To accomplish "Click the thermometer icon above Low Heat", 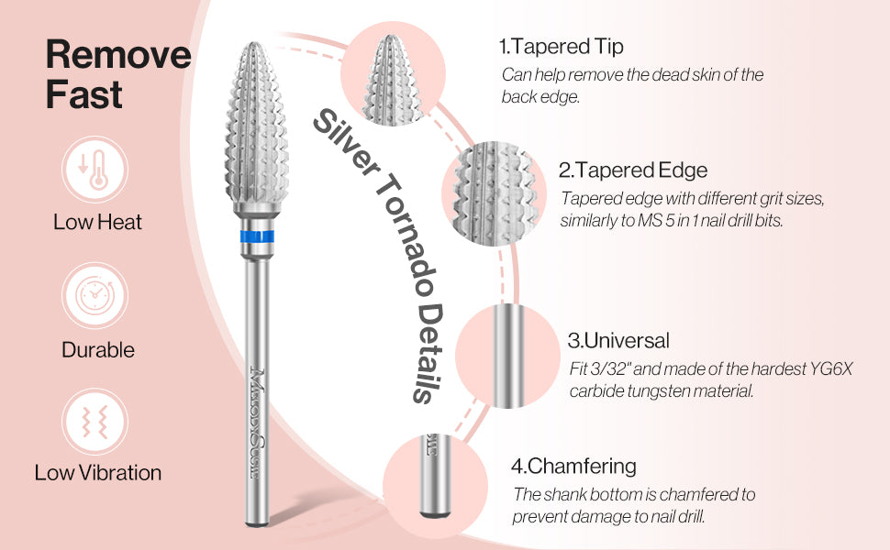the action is pos(95,170).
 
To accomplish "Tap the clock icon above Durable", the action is pos(95,295).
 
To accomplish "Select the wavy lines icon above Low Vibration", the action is pos(95,422).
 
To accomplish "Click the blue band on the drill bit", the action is pos(257,236).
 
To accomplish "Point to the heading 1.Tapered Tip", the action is pos(562,47).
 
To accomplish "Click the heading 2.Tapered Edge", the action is pos(633,170).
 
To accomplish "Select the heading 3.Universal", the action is pos(618,340).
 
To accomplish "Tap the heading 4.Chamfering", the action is pos(573,466).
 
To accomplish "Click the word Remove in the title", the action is pos(118,54).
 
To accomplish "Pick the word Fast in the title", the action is pos(84,94).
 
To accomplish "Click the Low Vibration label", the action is pos(97,473).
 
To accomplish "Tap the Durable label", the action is pos(98,350).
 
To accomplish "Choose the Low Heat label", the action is pos(97,222).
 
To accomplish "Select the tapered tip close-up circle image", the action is pos(393,73).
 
